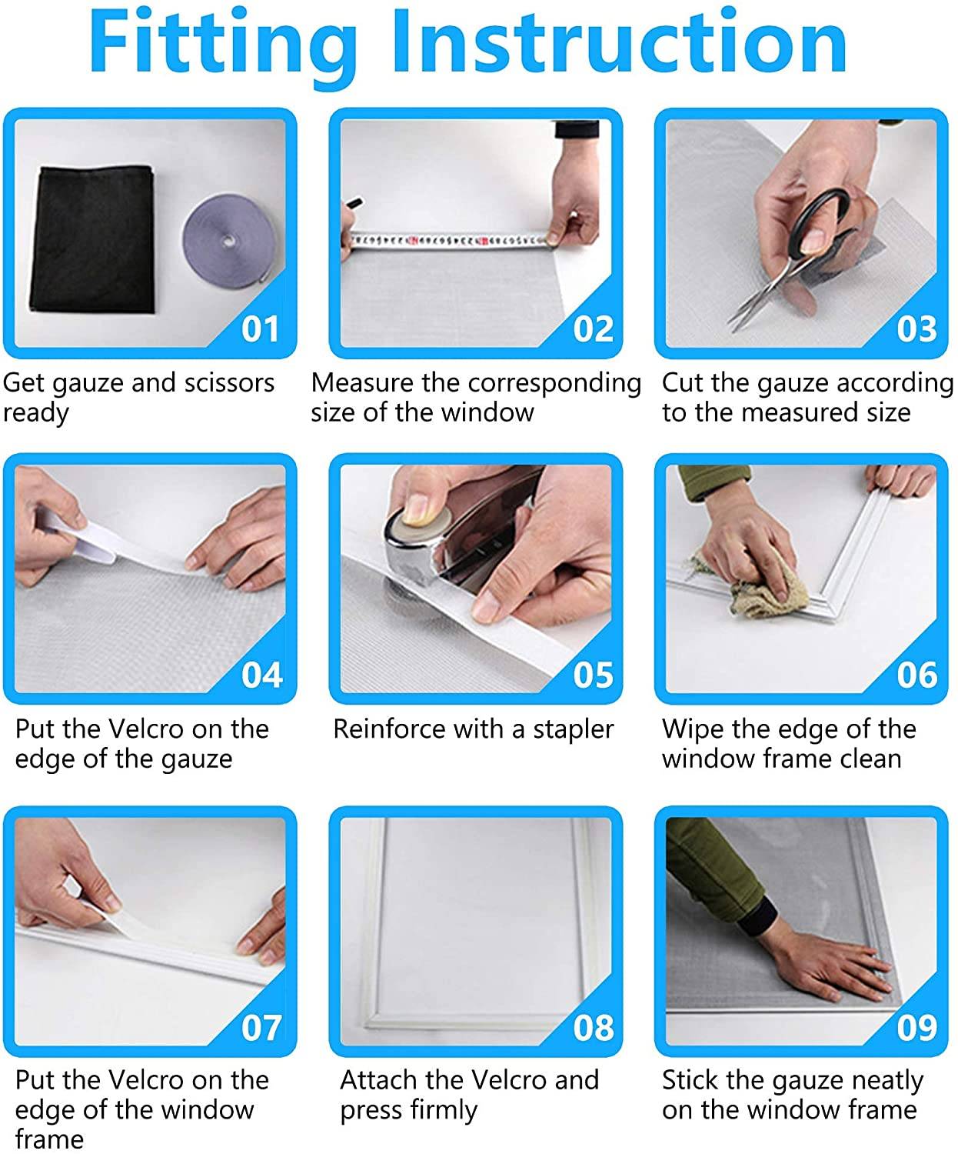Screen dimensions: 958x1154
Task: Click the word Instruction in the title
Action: [620, 41]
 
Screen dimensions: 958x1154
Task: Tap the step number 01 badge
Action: [260, 329]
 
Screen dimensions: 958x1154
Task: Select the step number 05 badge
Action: [593, 675]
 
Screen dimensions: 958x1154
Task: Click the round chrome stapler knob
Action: [418, 529]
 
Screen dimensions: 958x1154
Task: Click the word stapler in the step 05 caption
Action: [574, 729]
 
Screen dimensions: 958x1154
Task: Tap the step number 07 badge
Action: [261, 1027]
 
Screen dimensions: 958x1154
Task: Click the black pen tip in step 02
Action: [354, 203]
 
